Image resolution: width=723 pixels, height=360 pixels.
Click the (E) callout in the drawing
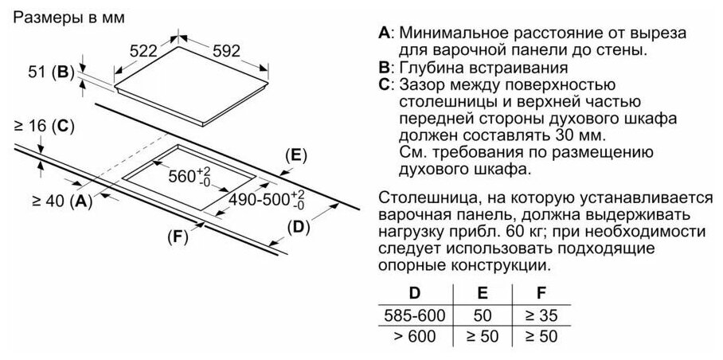point(295,155)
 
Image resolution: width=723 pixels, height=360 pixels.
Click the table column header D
point(413,292)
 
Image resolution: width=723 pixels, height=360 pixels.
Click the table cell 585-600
point(413,315)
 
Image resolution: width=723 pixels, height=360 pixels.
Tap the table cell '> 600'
point(413,336)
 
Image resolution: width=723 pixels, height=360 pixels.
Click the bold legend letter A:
point(385,34)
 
